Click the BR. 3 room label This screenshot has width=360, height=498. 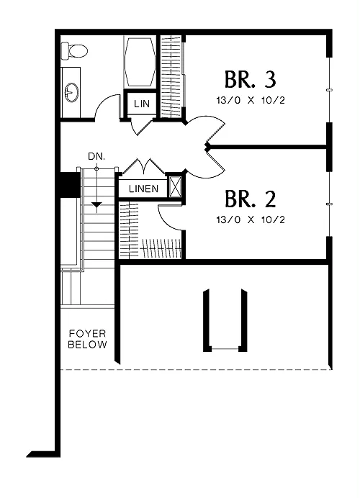coord(251,79)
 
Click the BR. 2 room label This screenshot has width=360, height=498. coord(251,199)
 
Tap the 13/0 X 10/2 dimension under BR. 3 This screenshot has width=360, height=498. coord(251,100)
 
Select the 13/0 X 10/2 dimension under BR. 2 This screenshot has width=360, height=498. coord(251,219)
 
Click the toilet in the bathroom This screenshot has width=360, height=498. coord(74,51)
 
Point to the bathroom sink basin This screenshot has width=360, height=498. coord(71,92)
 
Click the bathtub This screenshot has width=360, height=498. coord(140,62)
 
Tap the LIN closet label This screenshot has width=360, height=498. coord(142,104)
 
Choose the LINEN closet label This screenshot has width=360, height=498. coord(143,189)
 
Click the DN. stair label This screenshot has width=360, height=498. coord(96,157)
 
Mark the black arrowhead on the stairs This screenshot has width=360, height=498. coord(96,206)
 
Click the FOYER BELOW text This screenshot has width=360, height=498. coord(87,339)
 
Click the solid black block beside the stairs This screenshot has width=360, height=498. coord(71,185)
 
